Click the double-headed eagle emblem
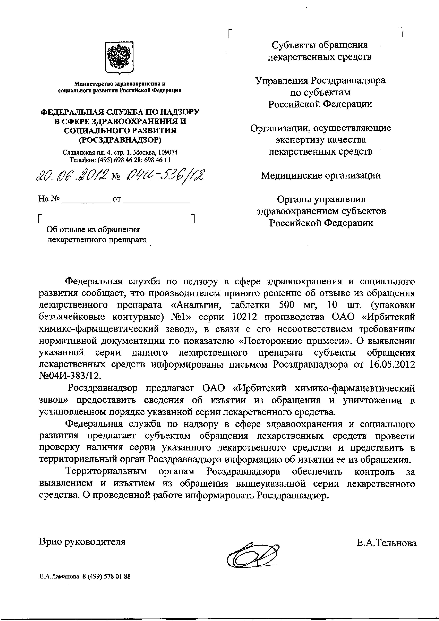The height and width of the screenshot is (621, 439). [x=119, y=57]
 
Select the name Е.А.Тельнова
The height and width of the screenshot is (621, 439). [x=386, y=535]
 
